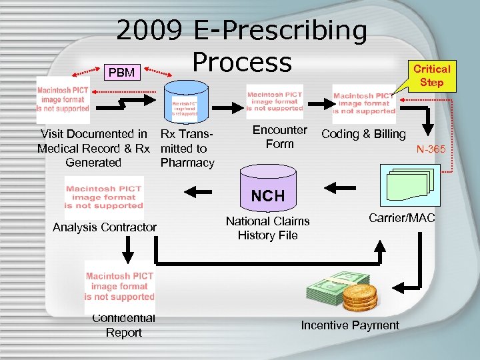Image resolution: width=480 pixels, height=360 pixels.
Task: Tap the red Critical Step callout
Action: pos(431,75)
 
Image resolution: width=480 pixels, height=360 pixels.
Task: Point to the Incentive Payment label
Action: pos(350,325)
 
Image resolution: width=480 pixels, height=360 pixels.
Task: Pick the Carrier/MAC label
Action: pos(402,217)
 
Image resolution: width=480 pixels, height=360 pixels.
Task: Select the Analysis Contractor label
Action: pos(105,227)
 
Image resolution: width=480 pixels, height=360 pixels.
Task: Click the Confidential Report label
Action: pos(123,325)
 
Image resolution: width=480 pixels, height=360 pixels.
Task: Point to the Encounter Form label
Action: pos(280,137)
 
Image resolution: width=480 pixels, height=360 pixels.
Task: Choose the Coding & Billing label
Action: pos(363,134)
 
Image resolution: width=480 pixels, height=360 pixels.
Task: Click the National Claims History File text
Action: pos(267,228)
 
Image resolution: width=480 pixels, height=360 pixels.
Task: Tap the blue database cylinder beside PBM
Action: pos(185,100)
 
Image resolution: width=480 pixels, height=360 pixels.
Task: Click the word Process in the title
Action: pos(242,61)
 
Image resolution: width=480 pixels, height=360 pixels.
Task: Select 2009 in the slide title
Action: pos(150,30)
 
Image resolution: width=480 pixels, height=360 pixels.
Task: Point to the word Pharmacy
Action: pos(187,163)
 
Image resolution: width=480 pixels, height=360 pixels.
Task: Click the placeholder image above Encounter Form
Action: pos(274,101)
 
